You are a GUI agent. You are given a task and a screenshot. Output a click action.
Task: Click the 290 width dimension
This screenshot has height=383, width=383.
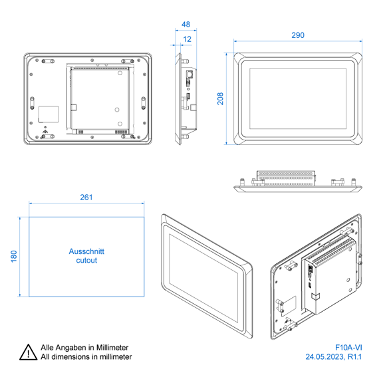click(x=298, y=35)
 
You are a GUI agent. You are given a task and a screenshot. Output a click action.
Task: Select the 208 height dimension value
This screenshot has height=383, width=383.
click(x=220, y=98)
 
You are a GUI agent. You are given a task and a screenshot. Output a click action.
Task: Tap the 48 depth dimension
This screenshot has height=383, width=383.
click(x=186, y=25)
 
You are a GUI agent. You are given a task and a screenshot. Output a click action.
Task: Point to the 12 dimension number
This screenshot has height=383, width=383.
click(x=187, y=39)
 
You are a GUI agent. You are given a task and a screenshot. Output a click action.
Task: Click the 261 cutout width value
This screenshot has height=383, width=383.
click(x=86, y=197)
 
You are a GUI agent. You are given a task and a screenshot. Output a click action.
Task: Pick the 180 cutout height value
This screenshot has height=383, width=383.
click(x=14, y=256)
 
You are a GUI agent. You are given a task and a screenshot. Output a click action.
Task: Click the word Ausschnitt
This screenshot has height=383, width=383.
click(x=86, y=251)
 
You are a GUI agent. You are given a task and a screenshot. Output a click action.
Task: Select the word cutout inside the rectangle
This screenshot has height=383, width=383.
click(x=86, y=261)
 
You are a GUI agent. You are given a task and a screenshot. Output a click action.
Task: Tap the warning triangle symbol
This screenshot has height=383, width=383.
click(x=29, y=353)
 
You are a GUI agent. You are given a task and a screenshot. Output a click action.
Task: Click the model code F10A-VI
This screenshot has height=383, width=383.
click(x=348, y=347)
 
